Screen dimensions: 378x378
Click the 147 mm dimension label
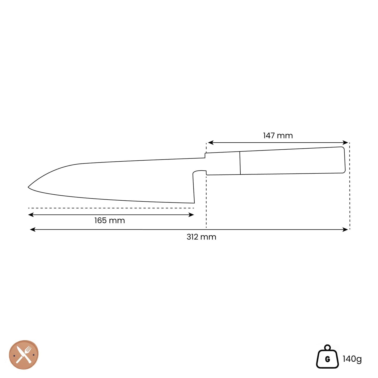(x=278, y=136)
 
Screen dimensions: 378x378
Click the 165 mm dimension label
(x=110, y=221)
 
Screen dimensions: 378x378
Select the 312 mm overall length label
(x=201, y=237)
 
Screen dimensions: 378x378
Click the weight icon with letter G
(x=328, y=357)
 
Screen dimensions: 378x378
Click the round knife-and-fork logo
(x=24, y=355)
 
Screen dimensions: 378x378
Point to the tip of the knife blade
(x=29, y=187)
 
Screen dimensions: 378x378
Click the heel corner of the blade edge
(x=194, y=203)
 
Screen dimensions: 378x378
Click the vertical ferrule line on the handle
(x=240, y=163)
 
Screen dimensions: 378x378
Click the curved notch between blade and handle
(x=199, y=172)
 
